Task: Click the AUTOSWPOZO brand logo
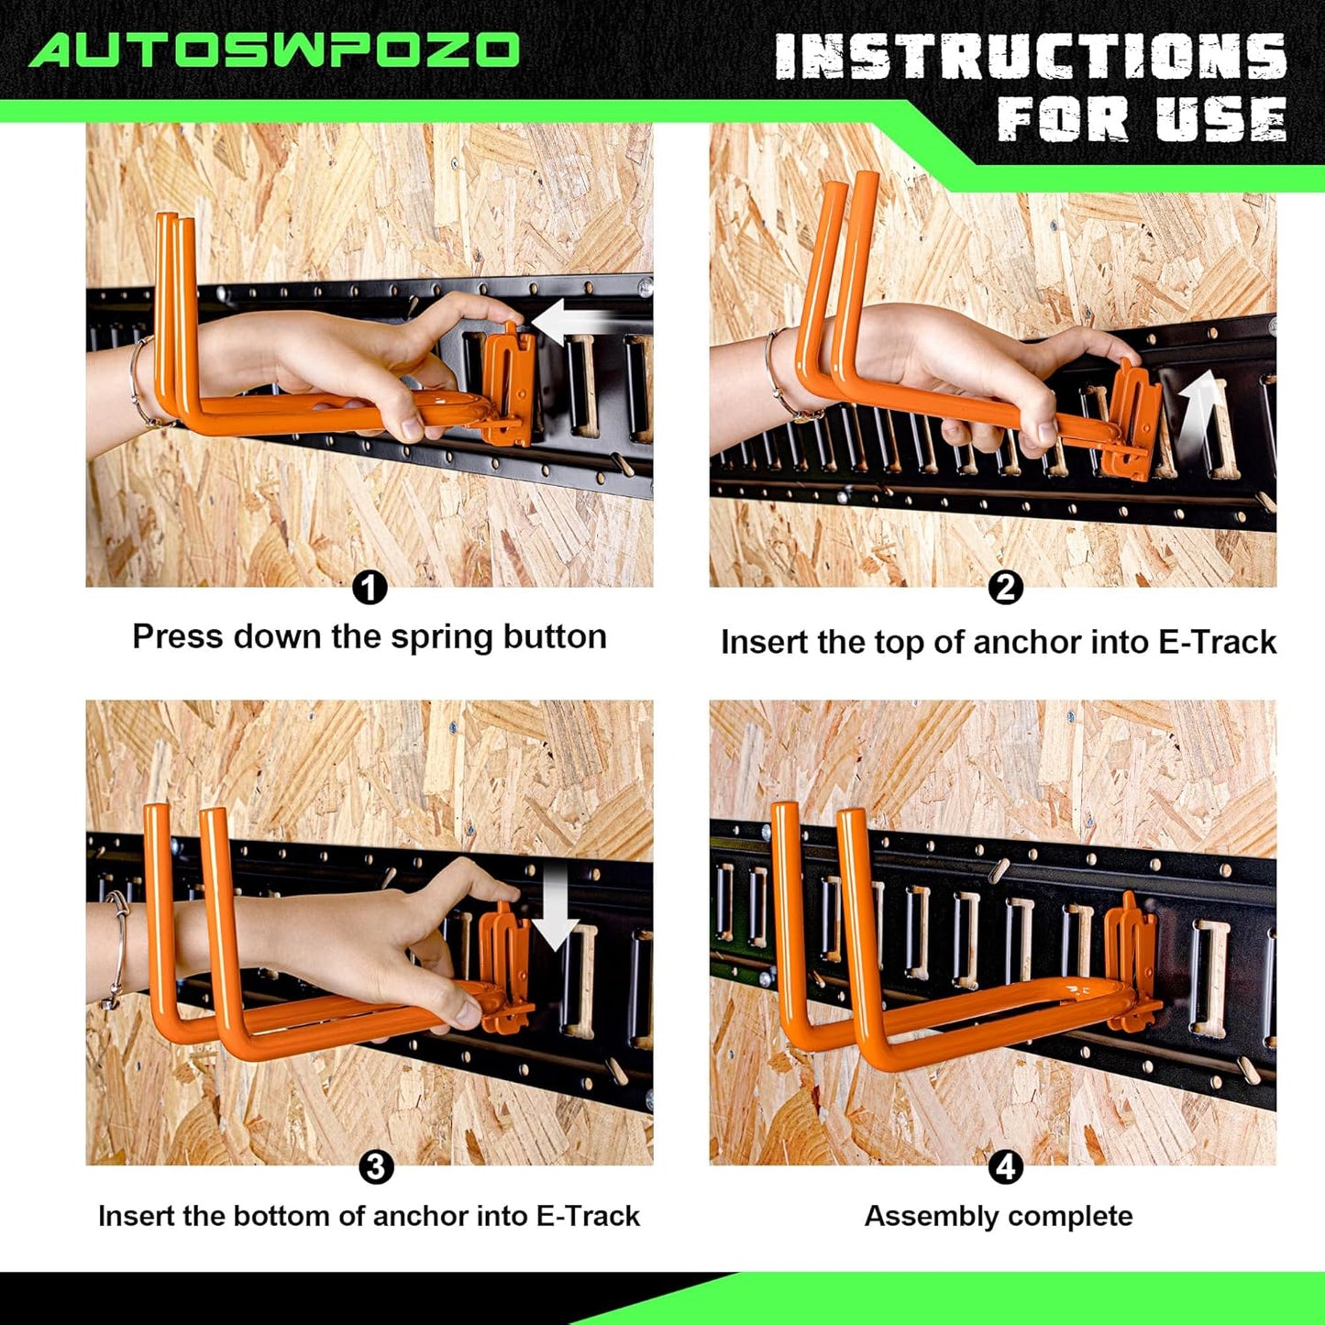coord(274,50)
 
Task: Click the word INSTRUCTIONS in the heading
coord(1031,57)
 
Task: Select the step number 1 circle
coord(370,588)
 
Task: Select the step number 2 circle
coord(1006,588)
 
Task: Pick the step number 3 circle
coord(376,1167)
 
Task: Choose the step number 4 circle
coord(1006,1167)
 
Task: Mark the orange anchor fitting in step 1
coord(508,385)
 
